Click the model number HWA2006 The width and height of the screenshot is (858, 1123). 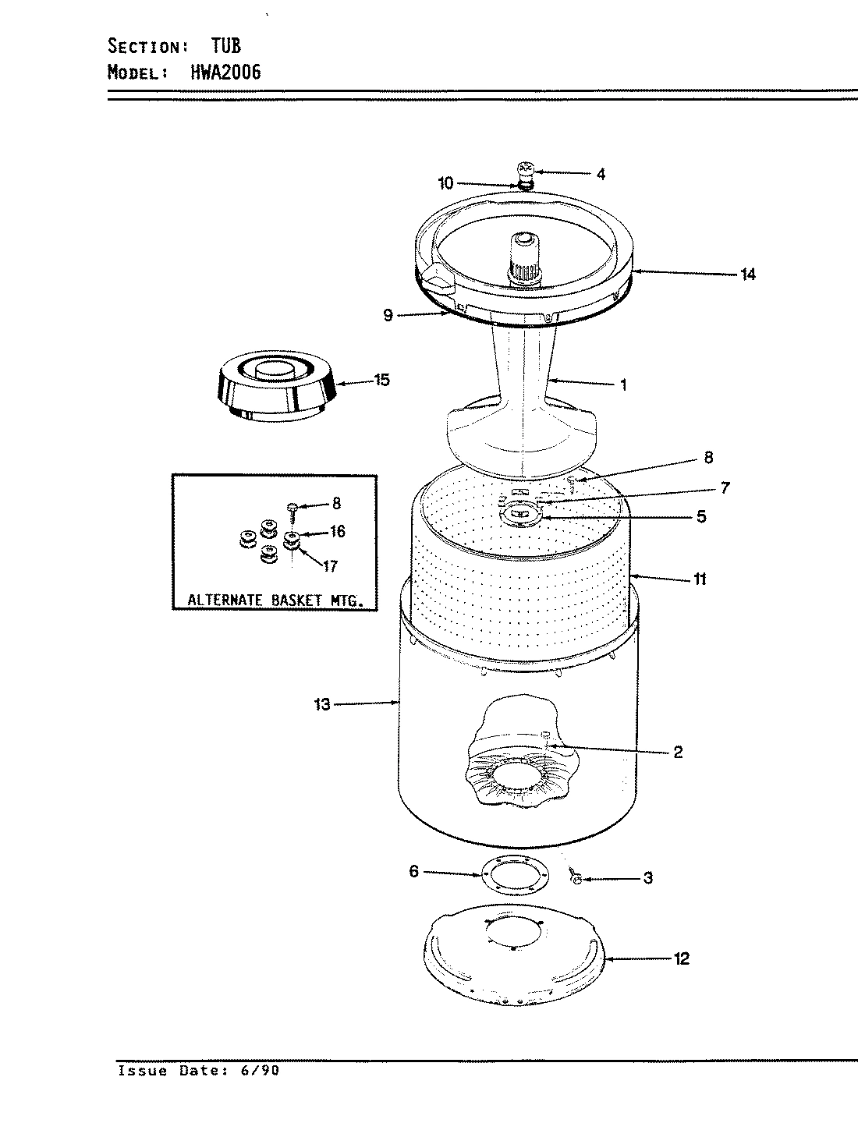pos(225,73)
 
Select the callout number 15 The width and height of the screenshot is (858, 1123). pos(381,381)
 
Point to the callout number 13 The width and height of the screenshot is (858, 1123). pos(322,705)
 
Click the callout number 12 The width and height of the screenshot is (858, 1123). pos(681,959)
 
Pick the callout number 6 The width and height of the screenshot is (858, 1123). pos(414,872)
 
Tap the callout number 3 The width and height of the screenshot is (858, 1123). pos(647,879)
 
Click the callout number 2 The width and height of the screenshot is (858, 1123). pos(677,752)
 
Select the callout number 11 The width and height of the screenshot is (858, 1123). pos(700,579)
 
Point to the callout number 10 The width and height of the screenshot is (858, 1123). pos(445,183)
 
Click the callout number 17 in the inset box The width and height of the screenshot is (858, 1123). pos(330,567)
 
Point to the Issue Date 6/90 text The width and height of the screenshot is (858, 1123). pos(198,1071)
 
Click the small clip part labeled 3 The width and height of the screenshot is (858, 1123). pos(576,877)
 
